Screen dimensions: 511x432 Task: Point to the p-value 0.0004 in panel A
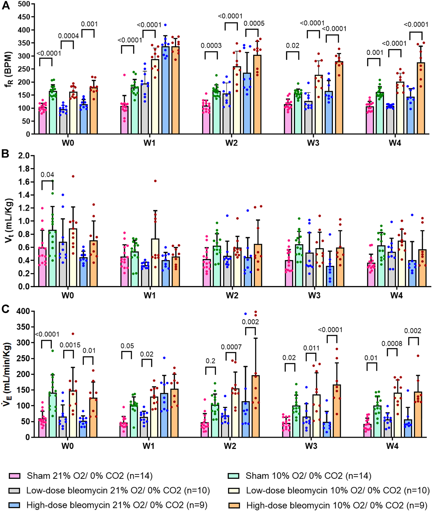[x=68, y=36]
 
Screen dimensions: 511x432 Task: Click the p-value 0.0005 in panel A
[x=254, y=23]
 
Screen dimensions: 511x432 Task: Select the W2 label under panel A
[x=231, y=143]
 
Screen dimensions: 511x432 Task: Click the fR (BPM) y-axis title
[x=9, y=69]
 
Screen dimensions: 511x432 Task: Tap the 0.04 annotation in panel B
[x=47, y=175]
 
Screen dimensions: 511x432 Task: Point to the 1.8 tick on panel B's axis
[x=24, y=169]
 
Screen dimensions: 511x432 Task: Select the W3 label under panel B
[x=314, y=296]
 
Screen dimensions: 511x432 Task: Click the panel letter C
[x=6, y=309]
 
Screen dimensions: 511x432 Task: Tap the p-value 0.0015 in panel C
[x=70, y=345]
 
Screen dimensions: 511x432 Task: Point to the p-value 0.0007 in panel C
[x=231, y=347]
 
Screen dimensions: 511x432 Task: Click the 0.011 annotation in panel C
[x=311, y=348]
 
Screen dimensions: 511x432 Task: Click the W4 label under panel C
[x=392, y=446]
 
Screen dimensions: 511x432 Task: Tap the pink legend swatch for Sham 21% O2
[x=14, y=476]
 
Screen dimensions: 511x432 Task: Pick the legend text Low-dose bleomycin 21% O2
[x=118, y=490]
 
